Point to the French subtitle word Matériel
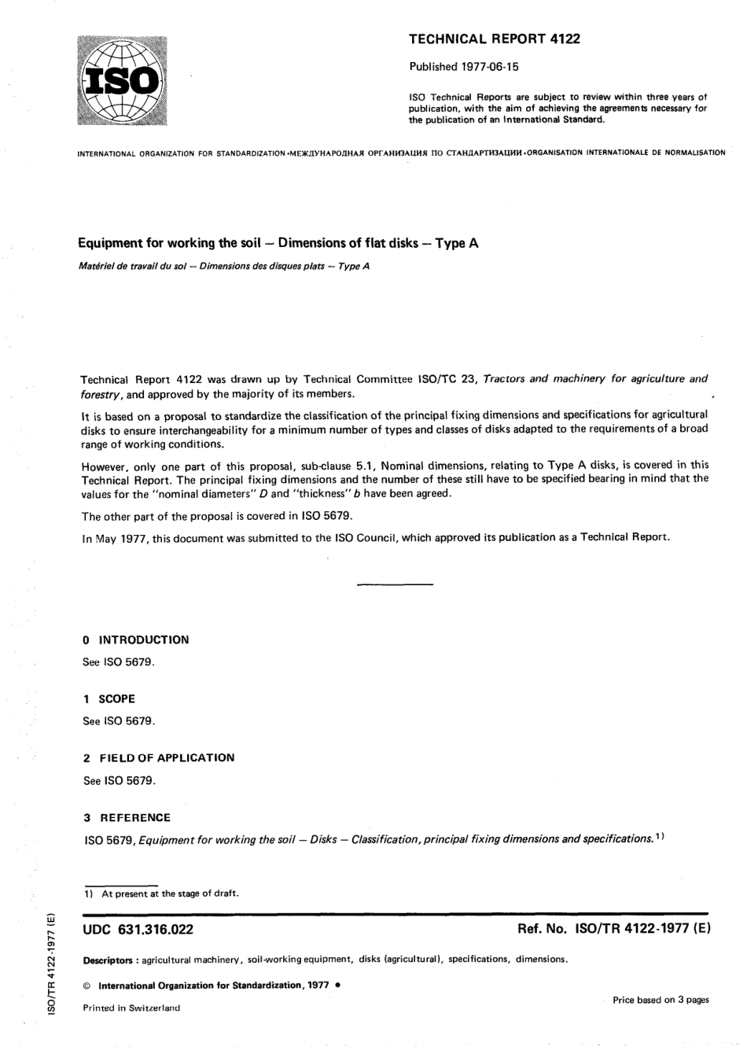98,266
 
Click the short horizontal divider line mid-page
395,584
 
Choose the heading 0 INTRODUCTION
136,639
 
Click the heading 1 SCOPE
109,698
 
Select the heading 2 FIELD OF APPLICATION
159,757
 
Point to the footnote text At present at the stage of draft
170,893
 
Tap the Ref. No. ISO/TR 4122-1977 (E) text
613,929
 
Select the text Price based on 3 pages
661,1000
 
